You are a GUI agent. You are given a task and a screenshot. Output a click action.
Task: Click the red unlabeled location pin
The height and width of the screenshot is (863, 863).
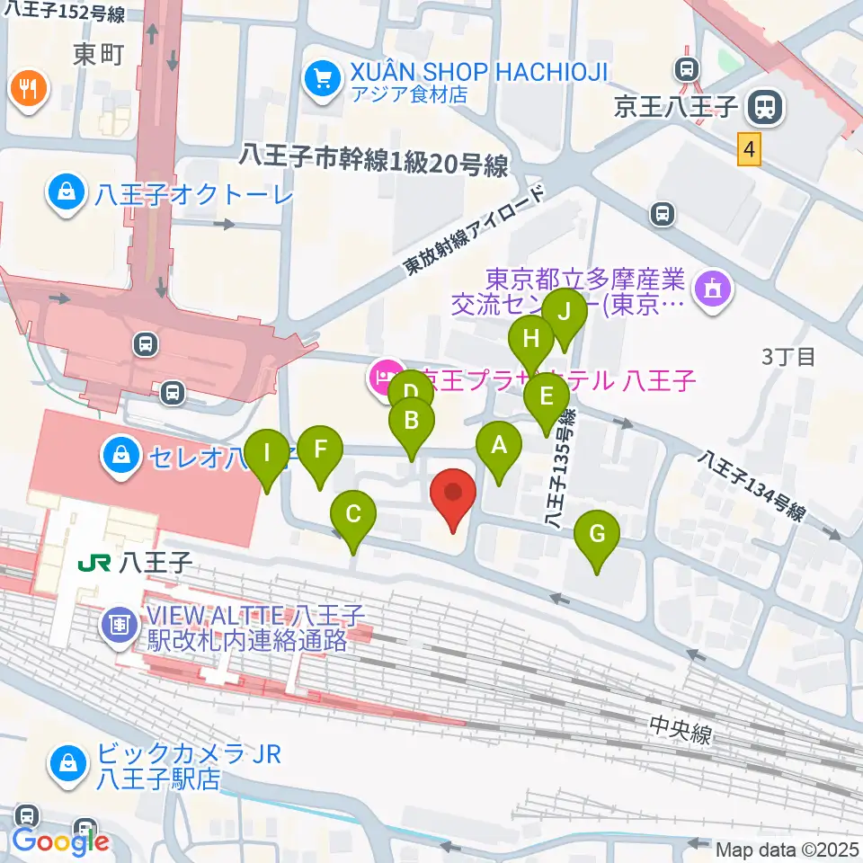click(x=454, y=495)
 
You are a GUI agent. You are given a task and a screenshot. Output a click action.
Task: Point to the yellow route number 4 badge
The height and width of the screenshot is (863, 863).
click(x=749, y=147)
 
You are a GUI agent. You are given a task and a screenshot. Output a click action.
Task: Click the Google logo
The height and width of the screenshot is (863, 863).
click(x=60, y=841)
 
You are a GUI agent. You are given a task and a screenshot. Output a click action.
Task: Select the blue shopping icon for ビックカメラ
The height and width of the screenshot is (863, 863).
click(x=68, y=763)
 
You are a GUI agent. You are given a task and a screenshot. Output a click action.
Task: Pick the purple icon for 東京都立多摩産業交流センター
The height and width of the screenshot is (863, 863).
click(x=715, y=289)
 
